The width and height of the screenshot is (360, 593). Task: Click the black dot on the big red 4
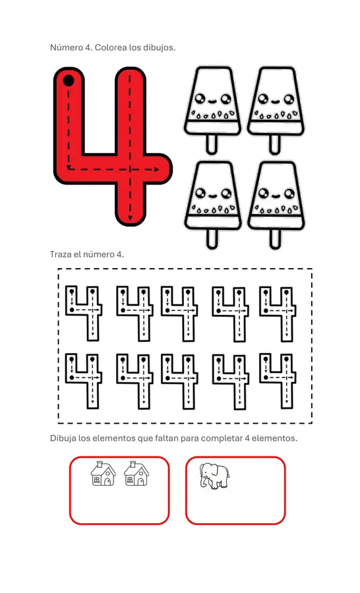tap(69, 80)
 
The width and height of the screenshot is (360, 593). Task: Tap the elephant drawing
tap(215, 476)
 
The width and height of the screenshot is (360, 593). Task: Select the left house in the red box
tap(104, 473)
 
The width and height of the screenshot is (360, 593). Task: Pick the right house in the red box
tap(136, 473)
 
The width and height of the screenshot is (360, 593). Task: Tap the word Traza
tap(61, 254)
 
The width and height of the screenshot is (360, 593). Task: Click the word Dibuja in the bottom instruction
tap(63, 438)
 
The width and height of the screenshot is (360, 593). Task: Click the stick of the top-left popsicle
tap(212, 144)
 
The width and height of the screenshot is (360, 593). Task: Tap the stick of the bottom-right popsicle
tap(275, 239)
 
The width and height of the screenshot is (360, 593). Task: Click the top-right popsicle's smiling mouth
tap(275, 101)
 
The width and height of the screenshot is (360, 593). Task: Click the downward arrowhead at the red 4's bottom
tap(130, 218)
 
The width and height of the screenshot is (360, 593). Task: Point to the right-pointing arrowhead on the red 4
tap(157, 170)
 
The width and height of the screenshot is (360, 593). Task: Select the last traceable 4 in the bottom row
tap(278, 381)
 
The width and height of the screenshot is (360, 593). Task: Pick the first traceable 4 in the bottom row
tap(84, 381)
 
